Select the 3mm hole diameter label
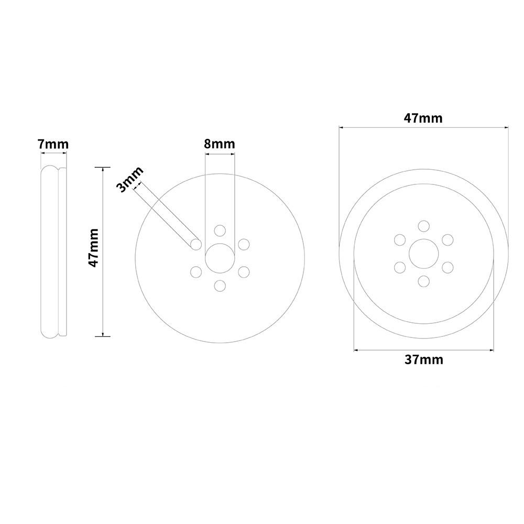(x=128, y=180)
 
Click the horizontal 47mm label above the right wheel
(x=423, y=118)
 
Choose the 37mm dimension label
(x=423, y=359)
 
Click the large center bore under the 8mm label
(x=220, y=258)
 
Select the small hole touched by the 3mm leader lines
(x=196, y=244)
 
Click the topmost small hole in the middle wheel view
(x=220, y=231)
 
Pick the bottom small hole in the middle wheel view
(x=220, y=286)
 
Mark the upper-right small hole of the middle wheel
(x=244, y=244)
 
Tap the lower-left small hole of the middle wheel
(x=196, y=272)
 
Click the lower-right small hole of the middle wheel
(x=244, y=272)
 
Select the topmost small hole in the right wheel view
(x=423, y=226)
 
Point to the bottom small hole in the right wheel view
(x=423, y=281)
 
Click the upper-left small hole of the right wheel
(x=400, y=240)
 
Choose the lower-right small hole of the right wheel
(x=447, y=267)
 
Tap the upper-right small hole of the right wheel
(x=447, y=240)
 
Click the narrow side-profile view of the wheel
(x=53, y=252)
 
